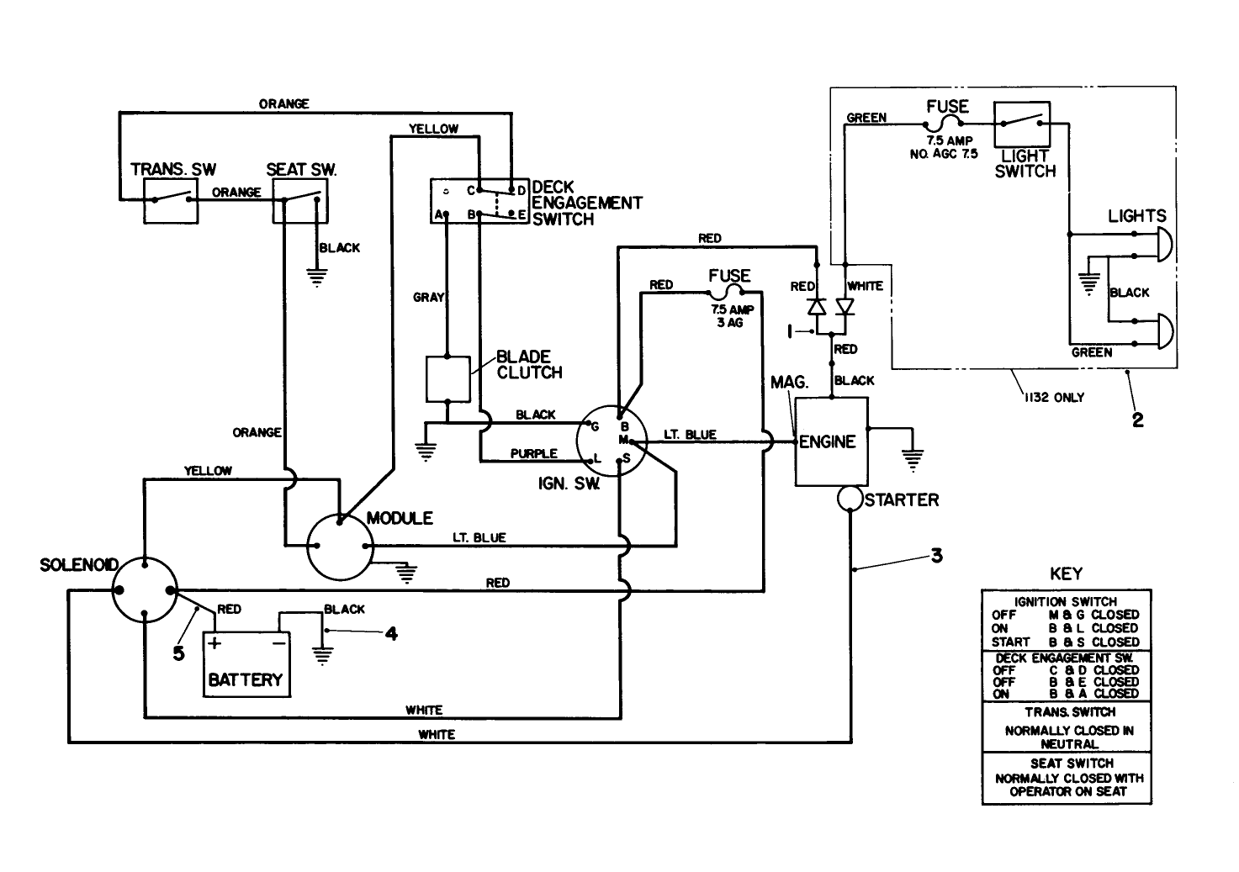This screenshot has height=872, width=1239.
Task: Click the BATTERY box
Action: pyautogui.click(x=246, y=664)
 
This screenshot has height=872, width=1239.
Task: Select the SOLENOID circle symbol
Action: pyautogui.click(x=145, y=591)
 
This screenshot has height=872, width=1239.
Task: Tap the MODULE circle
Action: pyautogui.click(x=339, y=547)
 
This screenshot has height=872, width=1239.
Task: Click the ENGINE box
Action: pyautogui.click(x=830, y=442)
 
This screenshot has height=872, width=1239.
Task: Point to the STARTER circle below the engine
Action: pyautogui.click(x=850, y=499)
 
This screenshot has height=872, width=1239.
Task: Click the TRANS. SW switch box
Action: pyautogui.click(x=171, y=200)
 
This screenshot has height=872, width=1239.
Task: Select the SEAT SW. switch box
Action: pyautogui.click(x=299, y=200)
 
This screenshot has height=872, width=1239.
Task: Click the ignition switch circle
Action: pyautogui.click(x=612, y=441)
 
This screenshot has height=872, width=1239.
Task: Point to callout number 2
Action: pyautogui.click(x=1137, y=420)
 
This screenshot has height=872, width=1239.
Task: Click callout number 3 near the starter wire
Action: pyautogui.click(x=936, y=556)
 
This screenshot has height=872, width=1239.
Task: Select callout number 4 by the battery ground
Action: pyautogui.click(x=390, y=633)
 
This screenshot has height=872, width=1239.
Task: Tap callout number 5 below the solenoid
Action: pyautogui.click(x=178, y=653)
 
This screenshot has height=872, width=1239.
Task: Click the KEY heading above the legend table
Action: pyautogui.click(x=1067, y=573)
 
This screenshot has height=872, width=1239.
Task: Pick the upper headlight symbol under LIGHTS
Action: pyautogui.click(x=1162, y=243)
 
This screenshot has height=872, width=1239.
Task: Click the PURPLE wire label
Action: pyautogui.click(x=533, y=453)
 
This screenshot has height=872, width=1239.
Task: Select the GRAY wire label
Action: pyautogui.click(x=428, y=298)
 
